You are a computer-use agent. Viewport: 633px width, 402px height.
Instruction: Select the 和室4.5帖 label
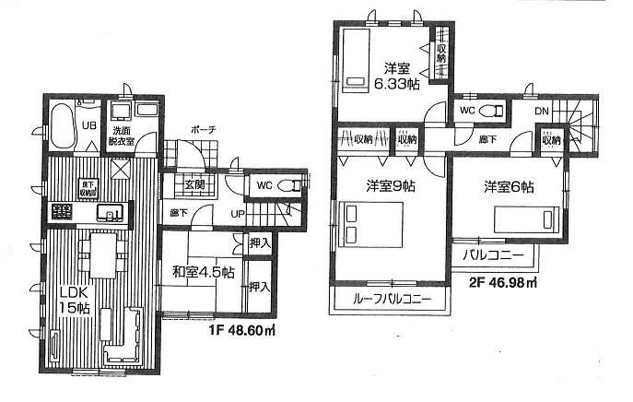[202, 272]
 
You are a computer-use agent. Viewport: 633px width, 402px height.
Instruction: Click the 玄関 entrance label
[194, 183]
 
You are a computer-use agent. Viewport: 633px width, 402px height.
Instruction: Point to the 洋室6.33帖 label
[403, 75]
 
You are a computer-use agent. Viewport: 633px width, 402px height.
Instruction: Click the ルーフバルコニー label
[392, 301]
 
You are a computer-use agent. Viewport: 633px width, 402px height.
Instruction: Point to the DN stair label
[543, 112]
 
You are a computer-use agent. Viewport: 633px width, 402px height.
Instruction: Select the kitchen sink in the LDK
[111, 215]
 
